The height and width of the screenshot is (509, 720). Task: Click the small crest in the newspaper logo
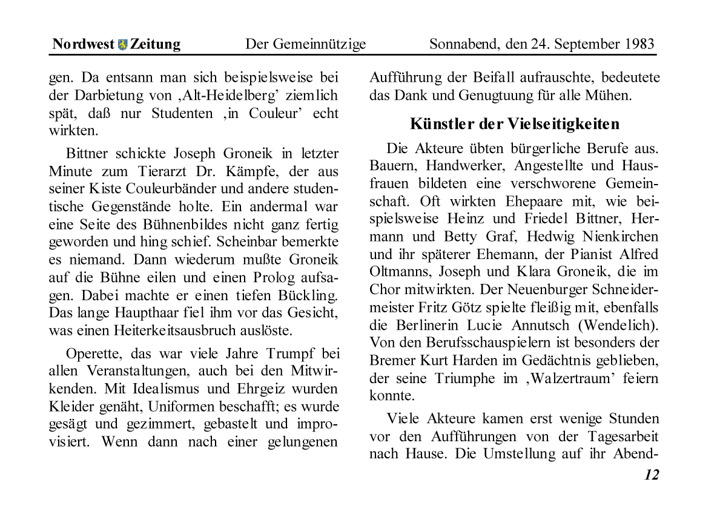(x=123, y=44)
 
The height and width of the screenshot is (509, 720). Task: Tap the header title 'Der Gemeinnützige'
(x=305, y=44)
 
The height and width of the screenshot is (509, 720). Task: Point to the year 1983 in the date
(x=636, y=44)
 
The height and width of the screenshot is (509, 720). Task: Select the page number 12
(x=651, y=475)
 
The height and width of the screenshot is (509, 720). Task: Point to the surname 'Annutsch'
(x=541, y=325)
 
